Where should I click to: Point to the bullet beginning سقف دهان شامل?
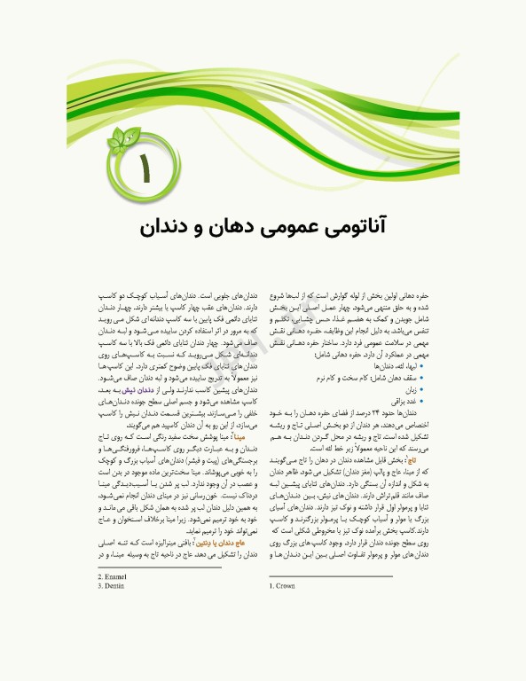coord(382,377)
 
